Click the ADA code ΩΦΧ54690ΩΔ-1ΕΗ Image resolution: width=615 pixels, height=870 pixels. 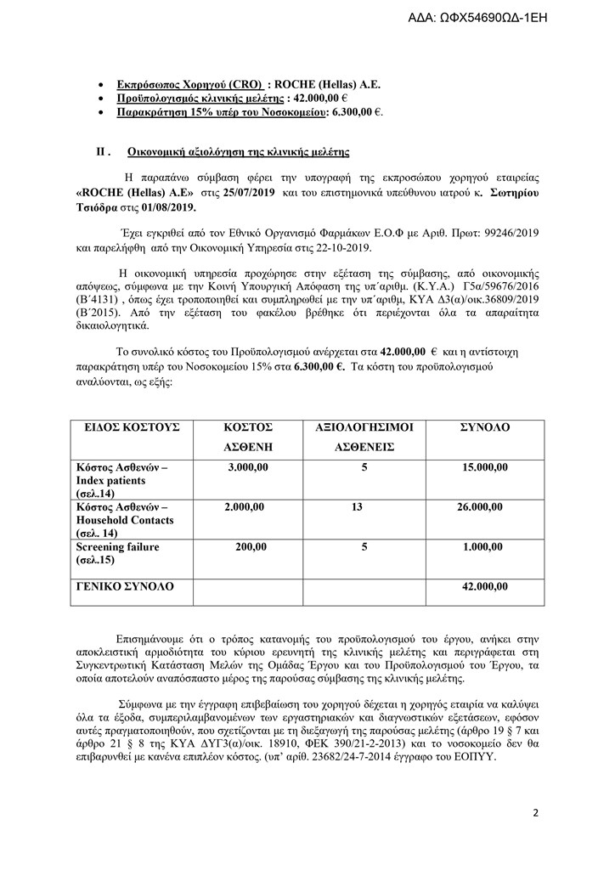pos(528,15)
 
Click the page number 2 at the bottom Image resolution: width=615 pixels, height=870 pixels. pos(536,812)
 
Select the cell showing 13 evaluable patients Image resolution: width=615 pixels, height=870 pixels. pos(356,507)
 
